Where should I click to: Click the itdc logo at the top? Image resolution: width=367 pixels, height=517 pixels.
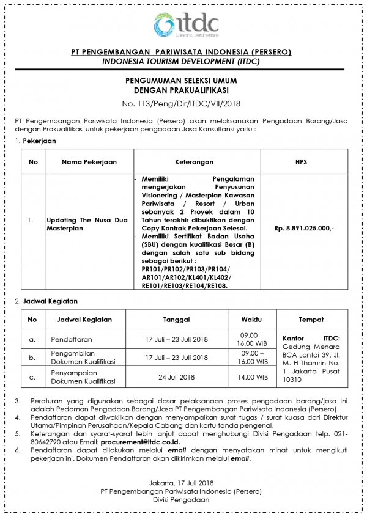pos(183,24)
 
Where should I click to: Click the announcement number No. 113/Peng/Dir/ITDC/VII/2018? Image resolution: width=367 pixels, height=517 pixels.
pos(183,103)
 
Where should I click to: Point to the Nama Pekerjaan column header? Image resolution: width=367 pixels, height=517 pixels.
pos(89,162)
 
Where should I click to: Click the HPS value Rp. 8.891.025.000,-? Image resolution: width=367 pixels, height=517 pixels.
pos(304,228)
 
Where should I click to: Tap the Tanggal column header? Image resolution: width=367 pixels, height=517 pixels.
pos(176,320)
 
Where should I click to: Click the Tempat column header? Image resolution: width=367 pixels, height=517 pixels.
pos(311,320)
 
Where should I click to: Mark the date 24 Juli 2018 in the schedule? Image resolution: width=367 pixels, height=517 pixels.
pos(176,377)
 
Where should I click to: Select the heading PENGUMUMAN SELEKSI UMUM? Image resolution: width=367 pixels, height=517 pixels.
pos(183,80)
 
